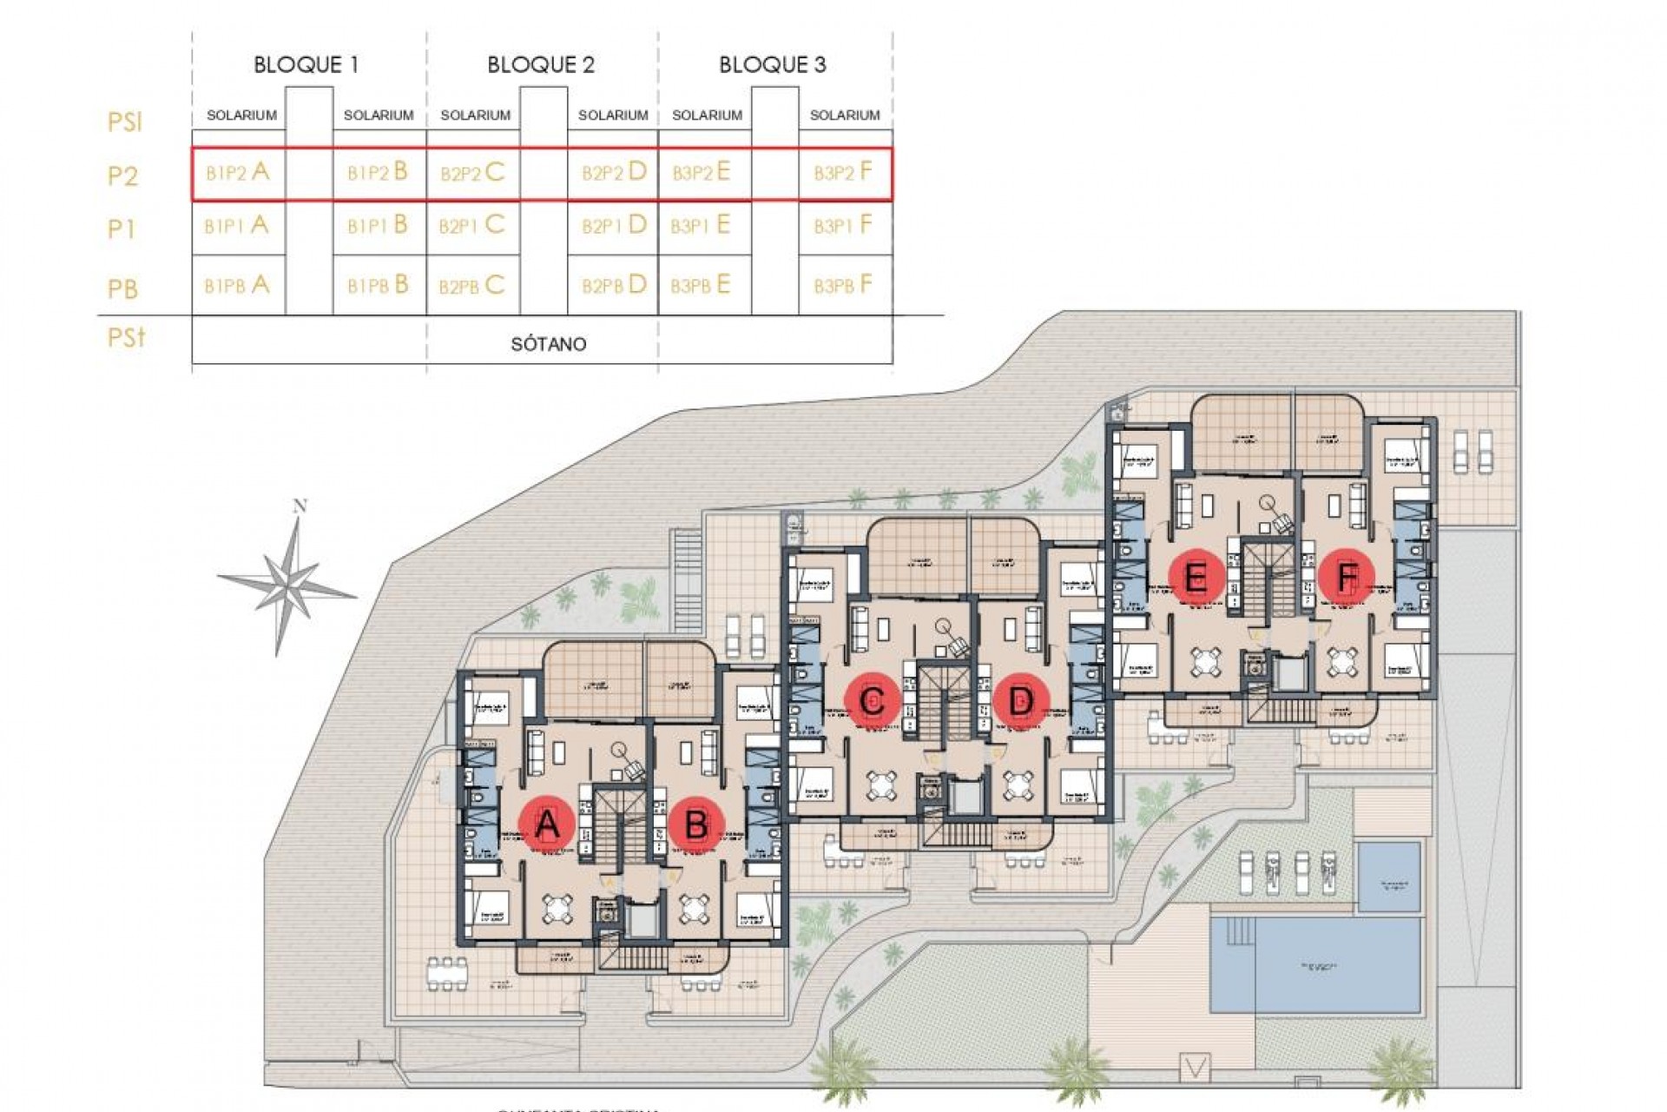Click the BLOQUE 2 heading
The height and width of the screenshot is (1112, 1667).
click(x=540, y=64)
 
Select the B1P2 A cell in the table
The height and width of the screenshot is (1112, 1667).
click(x=237, y=172)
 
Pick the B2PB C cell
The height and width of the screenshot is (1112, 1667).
click(x=471, y=285)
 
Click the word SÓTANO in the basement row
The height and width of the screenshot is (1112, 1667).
click(x=548, y=344)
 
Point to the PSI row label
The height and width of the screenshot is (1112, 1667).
click(x=124, y=122)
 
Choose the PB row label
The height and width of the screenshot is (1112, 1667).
click(x=122, y=288)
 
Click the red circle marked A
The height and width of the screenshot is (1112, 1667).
click(x=546, y=823)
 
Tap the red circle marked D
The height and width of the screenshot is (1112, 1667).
click(x=1021, y=700)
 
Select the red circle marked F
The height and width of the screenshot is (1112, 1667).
click(x=1346, y=577)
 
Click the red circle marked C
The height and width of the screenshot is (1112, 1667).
click(x=872, y=700)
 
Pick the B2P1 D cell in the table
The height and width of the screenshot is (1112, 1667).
click(x=614, y=226)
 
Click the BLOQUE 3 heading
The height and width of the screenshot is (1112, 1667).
click(x=772, y=64)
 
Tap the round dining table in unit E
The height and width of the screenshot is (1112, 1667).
click(x=1204, y=663)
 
